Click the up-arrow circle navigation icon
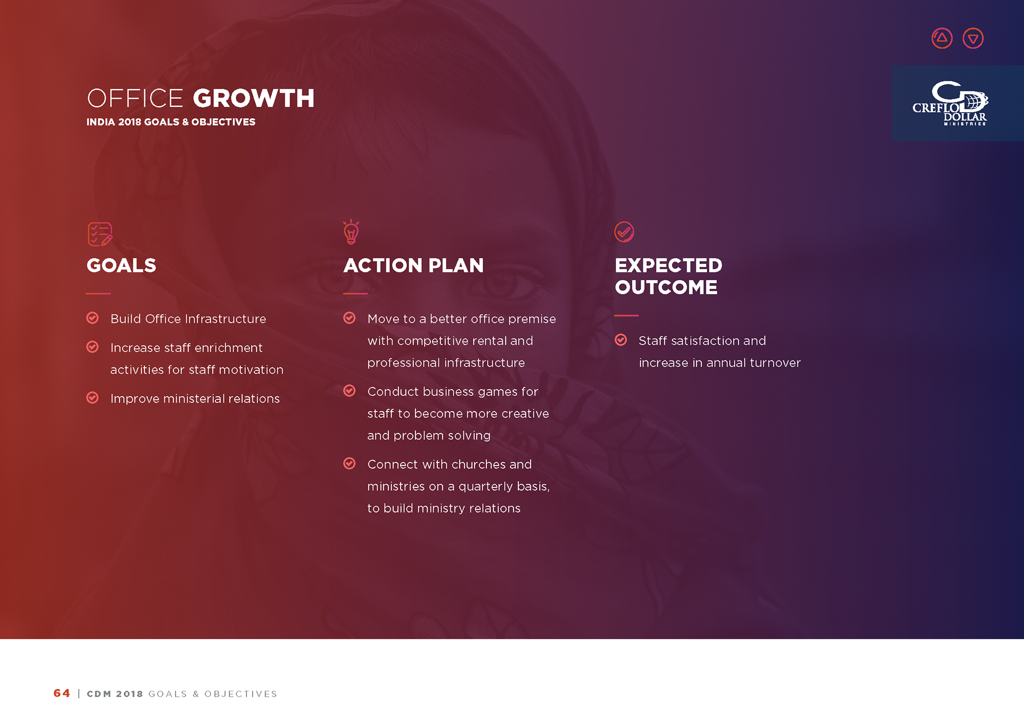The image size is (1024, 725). pos(942,38)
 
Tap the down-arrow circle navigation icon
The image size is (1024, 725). pos(973,38)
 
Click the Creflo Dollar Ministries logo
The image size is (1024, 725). pos(950,103)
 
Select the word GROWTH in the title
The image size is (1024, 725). pos(254,98)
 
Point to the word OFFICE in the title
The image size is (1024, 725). pos(135,98)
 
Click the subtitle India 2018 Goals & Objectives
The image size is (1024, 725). pos(171,122)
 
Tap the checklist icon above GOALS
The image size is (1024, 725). pos(100,234)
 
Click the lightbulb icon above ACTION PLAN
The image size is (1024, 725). pos(351,232)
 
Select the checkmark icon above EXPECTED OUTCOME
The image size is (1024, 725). pos(624,232)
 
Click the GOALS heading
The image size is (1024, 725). pos(122,265)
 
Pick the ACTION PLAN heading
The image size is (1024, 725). pos(413,265)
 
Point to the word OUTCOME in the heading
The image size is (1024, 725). pos(666,287)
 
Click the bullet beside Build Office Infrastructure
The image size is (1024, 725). pos(92,318)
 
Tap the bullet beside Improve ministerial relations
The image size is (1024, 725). pos(92,398)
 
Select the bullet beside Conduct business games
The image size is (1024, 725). pos(349,391)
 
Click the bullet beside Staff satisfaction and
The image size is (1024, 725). pos(621,340)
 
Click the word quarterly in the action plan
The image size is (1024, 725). pos(486,487)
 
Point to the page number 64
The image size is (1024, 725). pos(62,694)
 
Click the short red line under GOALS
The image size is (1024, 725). pos(98,294)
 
